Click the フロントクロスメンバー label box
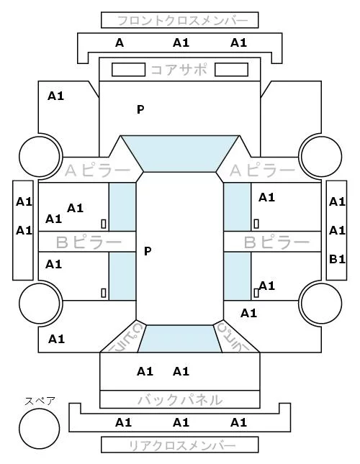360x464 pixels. [x=180, y=20]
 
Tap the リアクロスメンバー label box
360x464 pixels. [x=180, y=445]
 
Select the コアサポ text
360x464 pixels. [x=179, y=70]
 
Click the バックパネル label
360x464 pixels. [x=180, y=399]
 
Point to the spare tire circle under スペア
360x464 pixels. [x=40, y=429]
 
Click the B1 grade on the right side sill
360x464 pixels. [x=337, y=259]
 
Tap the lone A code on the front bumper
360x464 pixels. [x=120, y=43]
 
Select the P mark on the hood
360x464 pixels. [x=140, y=109]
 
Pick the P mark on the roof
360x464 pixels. [x=148, y=251]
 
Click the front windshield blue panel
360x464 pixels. [x=180, y=153]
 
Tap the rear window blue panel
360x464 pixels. [x=180, y=339]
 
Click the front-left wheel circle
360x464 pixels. [x=40, y=157]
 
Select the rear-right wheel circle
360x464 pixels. [x=322, y=303]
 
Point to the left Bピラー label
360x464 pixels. [x=89, y=242]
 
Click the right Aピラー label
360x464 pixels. [x=262, y=170]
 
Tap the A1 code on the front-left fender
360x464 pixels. [x=55, y=96]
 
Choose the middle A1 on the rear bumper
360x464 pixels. [x=181, y=422]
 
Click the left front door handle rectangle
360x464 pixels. [x=104, y=224]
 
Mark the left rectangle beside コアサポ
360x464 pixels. [x=128, y=70]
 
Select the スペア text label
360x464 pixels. [x=40, y=401]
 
